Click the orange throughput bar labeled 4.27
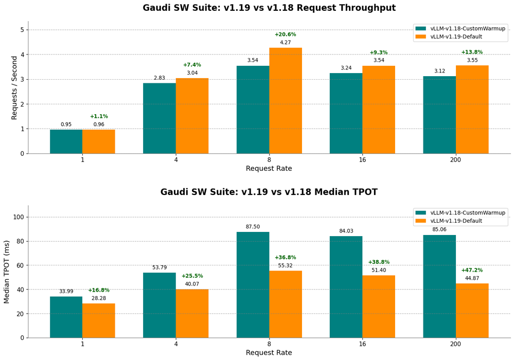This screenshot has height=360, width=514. (x=286, y=101)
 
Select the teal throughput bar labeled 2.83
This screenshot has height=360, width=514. (x=159, y=118)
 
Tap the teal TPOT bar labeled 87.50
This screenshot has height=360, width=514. (x=253, y=285)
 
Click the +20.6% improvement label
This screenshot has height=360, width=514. (x=285, y=34)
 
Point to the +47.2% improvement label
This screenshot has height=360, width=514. (x=472, y=271)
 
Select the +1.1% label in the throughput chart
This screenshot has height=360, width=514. (x=99, y=117)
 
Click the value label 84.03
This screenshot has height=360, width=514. (x=346, y=231)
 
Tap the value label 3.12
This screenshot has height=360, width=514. (x=439, y=71)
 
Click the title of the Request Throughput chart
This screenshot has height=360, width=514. (x=269, y=8)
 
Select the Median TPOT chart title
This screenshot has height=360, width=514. (x=269, y=192)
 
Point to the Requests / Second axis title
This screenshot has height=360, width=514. (x=14, y=88)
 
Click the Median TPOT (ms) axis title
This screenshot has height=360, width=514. (x=7, y=272)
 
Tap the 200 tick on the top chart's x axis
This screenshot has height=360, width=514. (x=455, y=160)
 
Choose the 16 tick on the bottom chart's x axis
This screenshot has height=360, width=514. (x=362, y=344)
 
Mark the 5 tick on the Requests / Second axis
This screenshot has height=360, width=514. (x=22, y=30)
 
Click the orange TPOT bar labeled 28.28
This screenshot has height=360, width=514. (x=99, y=320)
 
